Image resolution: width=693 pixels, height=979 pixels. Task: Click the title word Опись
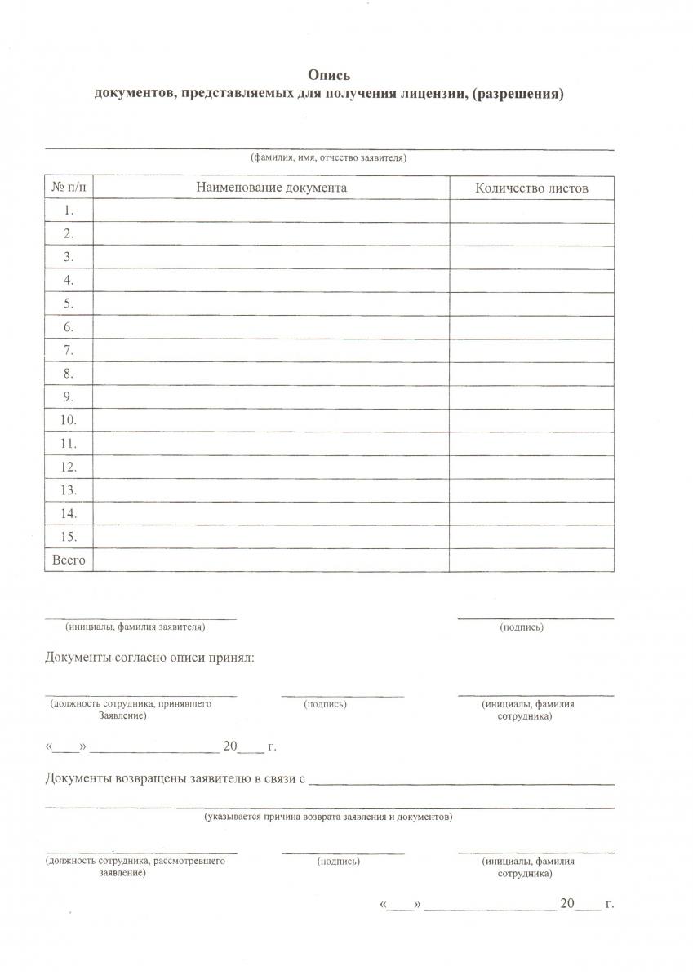point(329,75)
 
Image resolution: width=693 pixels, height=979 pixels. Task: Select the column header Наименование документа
point(271,188)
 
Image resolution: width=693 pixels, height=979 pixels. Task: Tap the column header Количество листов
point(531,188)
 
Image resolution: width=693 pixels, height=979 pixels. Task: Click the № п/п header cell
point(69,188)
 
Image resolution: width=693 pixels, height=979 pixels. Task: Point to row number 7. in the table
point(69,351)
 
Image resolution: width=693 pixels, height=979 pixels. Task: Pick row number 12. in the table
point(69,467)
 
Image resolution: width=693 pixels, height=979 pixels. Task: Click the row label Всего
point(69,560)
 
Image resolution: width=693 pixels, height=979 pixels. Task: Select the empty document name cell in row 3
point(271,257)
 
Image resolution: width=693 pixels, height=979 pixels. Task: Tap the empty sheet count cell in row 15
point(531,537)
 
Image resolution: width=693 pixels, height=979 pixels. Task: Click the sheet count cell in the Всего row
point(531,560)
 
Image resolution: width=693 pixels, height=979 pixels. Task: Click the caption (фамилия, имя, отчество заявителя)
point(328,158)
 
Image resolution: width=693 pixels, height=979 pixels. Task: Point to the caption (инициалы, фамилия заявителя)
point(135,627)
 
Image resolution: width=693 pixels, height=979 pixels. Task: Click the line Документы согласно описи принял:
point(149,658)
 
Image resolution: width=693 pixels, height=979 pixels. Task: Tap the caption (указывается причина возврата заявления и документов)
point(328,816)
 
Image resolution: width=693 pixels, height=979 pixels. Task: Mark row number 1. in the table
point(69,210)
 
